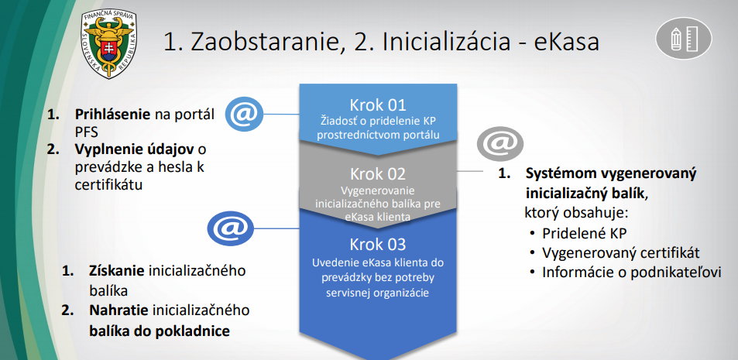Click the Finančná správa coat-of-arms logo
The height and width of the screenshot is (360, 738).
pyautogui.click(x=109, y=43)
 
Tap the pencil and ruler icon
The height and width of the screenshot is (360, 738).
pyautogui.click(x=683, y=38)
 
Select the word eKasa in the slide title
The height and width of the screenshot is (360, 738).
pyautogui.click(x=566, y=42)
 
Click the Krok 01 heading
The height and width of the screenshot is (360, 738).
pyautogui.click(x=377, y=105)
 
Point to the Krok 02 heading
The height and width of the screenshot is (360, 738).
pyautogui.click(x=377, y=174)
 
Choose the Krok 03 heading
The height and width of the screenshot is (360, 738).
pyautogui.click(x=377, y=244)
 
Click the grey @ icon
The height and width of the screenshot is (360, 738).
pyautogui.click(x=499, y=143)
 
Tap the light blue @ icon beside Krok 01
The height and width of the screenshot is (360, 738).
pyautogui.click(x=244, y=114)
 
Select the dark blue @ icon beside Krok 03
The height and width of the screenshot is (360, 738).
pyautogui.click(x=230, y=228)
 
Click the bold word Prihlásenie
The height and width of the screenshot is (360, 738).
pyautogui.click(x=112, y=115)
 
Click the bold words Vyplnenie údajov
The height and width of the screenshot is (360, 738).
pyautogui.click(x=134, y=149)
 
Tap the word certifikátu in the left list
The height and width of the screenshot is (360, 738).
pyautogui.click(x=108, y=184)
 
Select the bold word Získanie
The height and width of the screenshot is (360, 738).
pyautogui.click(x=117, y=272)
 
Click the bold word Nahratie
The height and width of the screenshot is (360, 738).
pyautogui.click(x=118, y=310)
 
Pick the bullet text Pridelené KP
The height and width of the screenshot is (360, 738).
pyautogui.click(x=585, y=233)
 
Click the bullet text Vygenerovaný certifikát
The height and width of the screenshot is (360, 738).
pyautogui.click(x=621, y=253)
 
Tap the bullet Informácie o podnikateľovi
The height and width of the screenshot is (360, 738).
pyautogui.click(x=632, y=273)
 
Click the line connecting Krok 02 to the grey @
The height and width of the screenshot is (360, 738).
pyautogui.click(x=470, y=171)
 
